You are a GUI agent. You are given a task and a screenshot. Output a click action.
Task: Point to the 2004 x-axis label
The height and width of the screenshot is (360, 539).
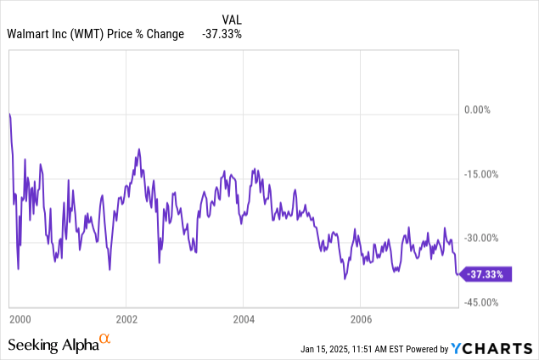pyautogui.click(x=243, y=320)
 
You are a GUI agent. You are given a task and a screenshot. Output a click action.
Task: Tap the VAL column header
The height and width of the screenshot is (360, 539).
pyautogui.click(x=229, y=19)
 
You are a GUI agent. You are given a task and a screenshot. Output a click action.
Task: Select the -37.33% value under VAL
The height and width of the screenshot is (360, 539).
pyautogui.click(x=222, y=34)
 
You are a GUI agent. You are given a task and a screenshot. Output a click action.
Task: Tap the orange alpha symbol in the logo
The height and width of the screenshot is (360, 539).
pyautogui.click(x=104, y=340)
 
